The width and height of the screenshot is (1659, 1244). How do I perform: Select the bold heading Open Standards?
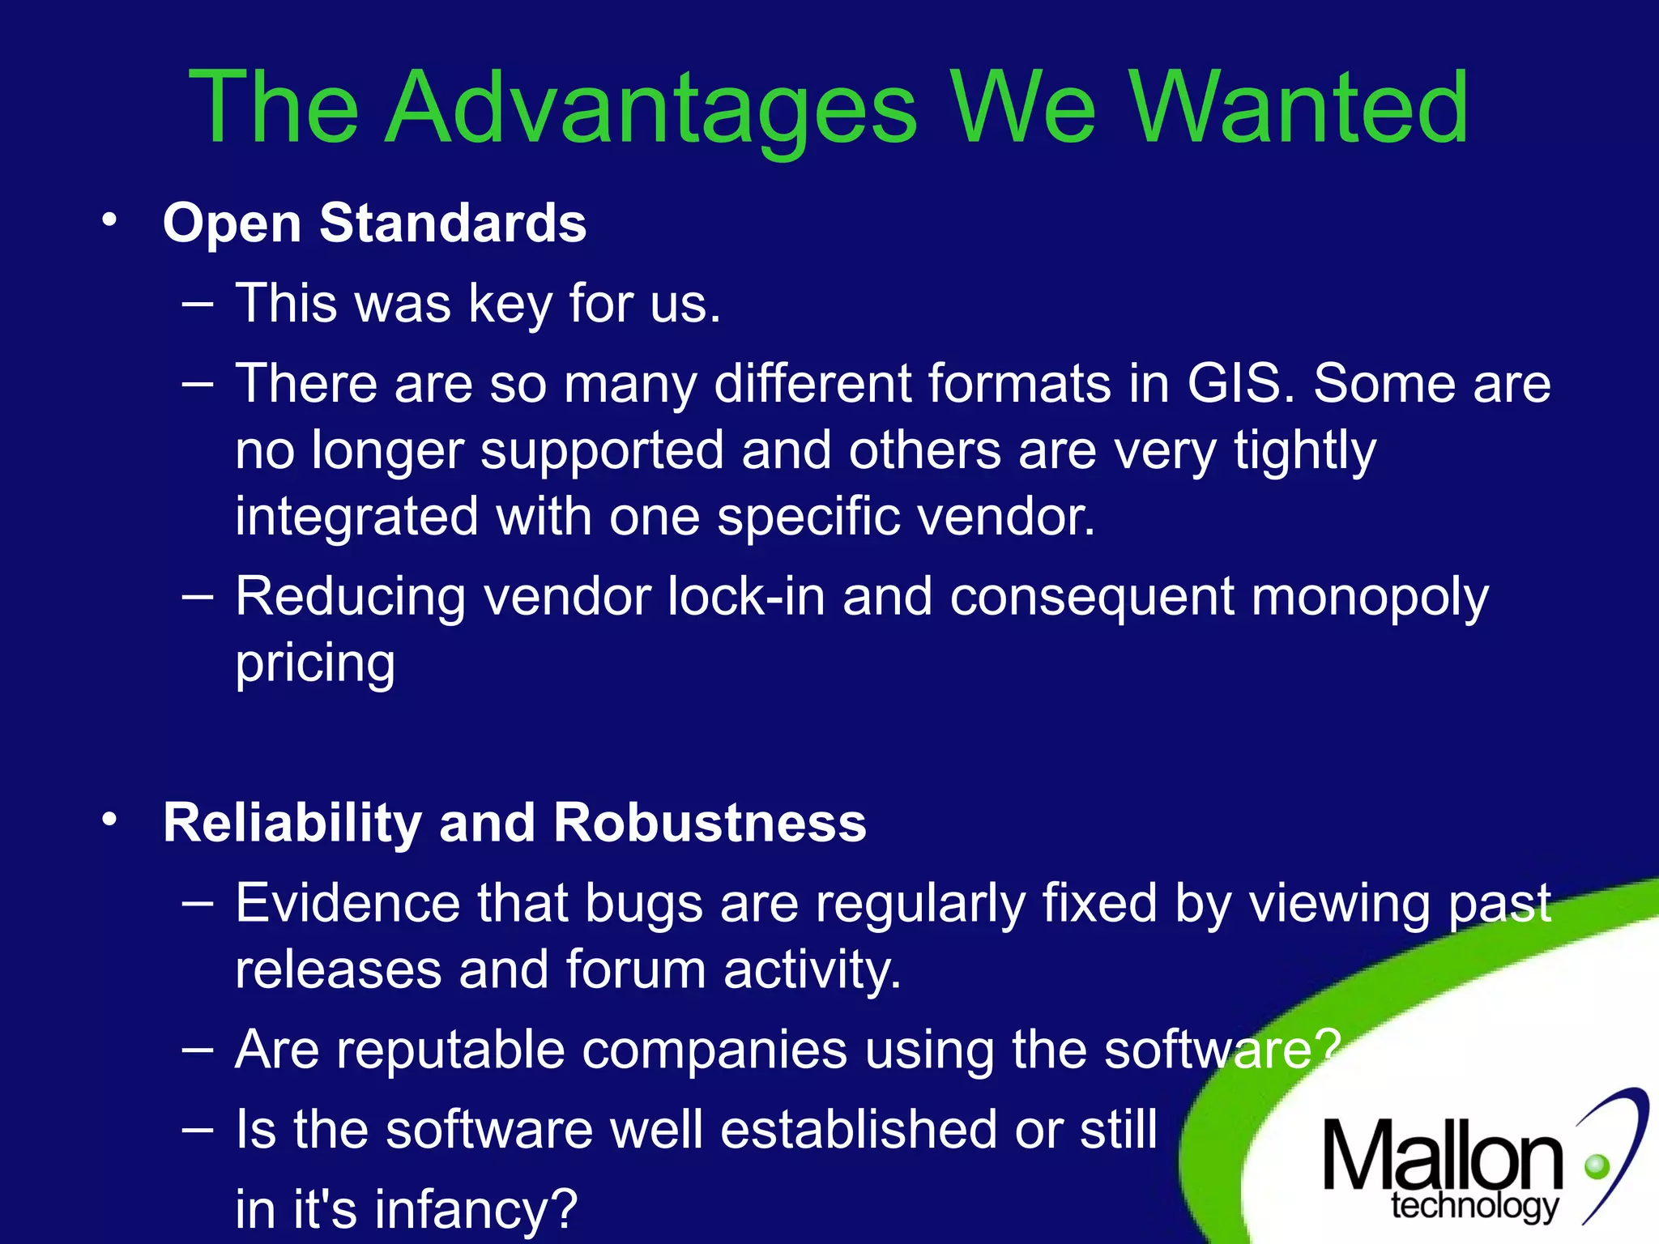(x=374, y=223)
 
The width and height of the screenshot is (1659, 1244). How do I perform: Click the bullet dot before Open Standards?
(x=110, y=219)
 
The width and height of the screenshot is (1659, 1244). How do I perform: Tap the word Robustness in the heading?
(x=710, y=823)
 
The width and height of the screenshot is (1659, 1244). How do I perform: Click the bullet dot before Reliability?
(x=110, y=820)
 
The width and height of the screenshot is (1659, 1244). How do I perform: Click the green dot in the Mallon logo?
(x=1597, y=1166)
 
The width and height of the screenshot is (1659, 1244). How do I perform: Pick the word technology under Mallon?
(x=1474, y=1206)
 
